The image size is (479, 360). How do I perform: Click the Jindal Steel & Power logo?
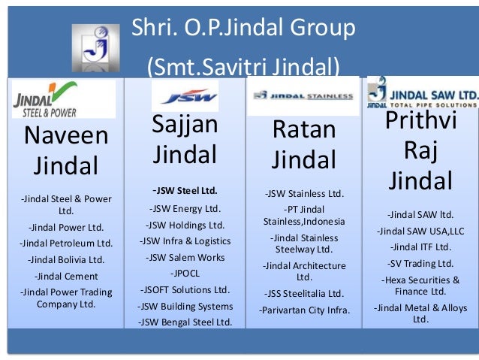(63, 99)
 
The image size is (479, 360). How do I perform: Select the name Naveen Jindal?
(66, 151)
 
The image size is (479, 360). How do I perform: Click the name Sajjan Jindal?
(185, 140)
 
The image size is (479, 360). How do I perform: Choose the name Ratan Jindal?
(303, 145)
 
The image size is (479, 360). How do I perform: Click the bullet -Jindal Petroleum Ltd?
(66, 243)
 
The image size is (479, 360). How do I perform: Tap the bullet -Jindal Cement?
(66, 276)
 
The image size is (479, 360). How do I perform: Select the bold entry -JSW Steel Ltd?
(185, 189)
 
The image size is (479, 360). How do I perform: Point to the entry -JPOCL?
(185, 273)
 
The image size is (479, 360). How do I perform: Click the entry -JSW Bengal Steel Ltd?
(185, 322)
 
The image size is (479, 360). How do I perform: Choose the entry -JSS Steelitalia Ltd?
(304, 293)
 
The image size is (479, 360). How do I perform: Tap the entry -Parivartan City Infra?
(304, 310)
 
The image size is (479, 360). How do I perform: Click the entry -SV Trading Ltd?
(420, 263)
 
